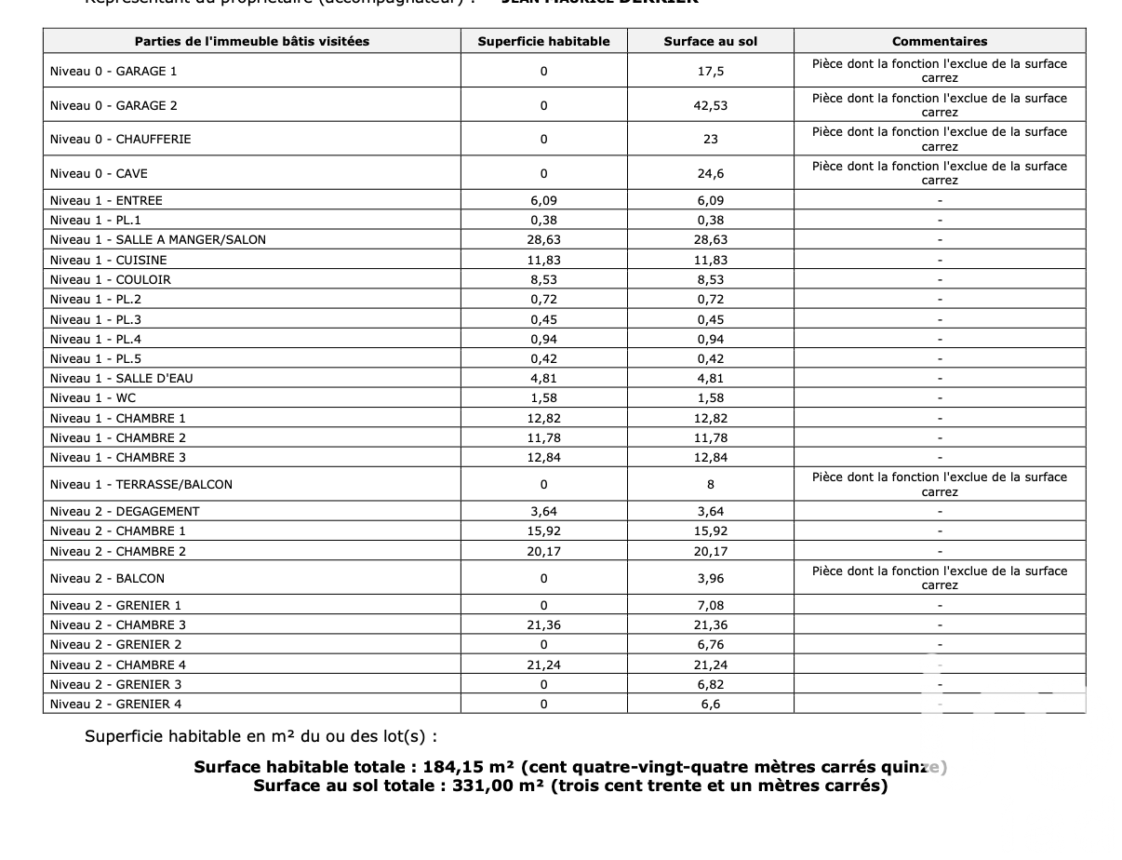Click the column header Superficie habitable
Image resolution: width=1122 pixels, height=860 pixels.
pyautogui.click(x=543, y=41)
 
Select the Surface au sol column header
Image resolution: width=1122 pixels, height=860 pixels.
pyautogui.click(x=710, y=41)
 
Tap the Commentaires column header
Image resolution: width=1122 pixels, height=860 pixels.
pyautogui.click(x=939, y=41)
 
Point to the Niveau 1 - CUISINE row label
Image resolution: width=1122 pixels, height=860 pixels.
pyautogui.click(x=108, y=260)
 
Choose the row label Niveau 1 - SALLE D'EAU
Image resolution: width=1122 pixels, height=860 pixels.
pyautogui.click(x=121, y=378)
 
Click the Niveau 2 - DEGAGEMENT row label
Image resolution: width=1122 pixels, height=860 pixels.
pyautogui.click(x=125, y=511)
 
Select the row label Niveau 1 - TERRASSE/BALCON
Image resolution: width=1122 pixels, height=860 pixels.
pyautogui.click(x=140, y=484)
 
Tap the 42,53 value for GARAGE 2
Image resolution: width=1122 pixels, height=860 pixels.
pyautogui.click(x=711, y=105)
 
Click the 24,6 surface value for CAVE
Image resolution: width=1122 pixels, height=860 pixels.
pyautogui.click(x=711, y=173)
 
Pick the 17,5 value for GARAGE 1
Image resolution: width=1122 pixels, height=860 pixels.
pyautogui.click(x=711, y=71)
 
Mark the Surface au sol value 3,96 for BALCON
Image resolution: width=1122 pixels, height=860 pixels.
pyautogui.click(x=711, y=578)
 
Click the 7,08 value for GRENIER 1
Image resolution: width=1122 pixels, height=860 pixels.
pyautogui.click(x=711, y=605)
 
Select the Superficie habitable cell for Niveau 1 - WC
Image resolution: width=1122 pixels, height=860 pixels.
pyautogui.click(x=543, y=397)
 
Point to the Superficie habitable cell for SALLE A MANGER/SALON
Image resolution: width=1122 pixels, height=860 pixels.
pyautogui.click(x=543, y=239)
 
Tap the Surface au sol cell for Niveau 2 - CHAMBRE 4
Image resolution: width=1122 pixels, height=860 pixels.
pyautogui.click(x=711, y=665)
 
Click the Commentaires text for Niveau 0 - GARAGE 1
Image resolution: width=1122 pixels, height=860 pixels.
pyautogui.click(x=939, y=71)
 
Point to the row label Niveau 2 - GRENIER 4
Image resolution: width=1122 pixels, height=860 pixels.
pyautogui.click(x=115, y=704)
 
